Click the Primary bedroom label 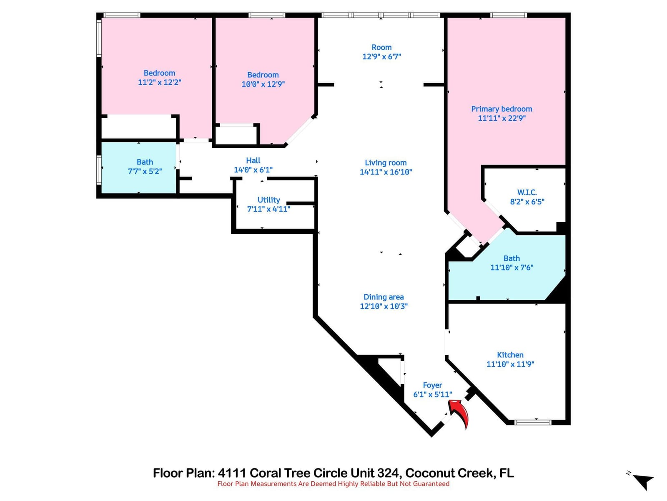pos(502,109)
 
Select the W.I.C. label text pos(527,192)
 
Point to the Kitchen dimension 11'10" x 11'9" pos(510,364)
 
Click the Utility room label pos(268,200)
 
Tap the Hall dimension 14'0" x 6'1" pos(253,170)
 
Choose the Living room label pos(386,163)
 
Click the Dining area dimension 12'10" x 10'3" pos(384,306)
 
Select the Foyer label pos(432,385)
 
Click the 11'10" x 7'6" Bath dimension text pos(512,268)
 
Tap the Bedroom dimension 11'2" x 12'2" pos(160,82)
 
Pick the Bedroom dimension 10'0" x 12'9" pos(263,84)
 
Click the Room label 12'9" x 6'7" pos(382,52)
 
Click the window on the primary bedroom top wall pos(508,15)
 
